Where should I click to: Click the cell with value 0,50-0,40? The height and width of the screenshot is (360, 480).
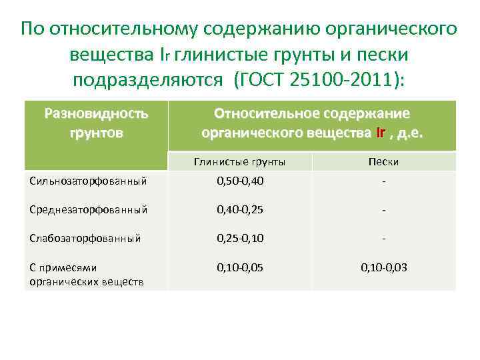pyautogui.click(x=240, y=181)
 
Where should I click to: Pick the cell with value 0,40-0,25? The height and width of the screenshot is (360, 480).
pyautogui.click(x=240, y=209)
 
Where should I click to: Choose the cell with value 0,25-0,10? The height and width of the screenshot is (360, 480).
pyautogui.click(x=240, y=238)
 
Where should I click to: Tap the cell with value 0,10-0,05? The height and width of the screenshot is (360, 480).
pyautogui.click(x=240, y=267)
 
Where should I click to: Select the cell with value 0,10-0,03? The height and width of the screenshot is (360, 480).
pyautogui.click(x=383, y=267)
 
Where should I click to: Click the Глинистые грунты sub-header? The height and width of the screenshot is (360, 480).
pyautogui.click(x=239, y=161)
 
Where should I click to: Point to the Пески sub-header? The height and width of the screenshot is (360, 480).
pyautogui.click(x=383, y=161)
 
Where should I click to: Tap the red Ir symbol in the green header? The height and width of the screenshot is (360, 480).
pyautogui.click(x=381, y=133)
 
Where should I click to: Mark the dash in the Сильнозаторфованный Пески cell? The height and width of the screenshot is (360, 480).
pyautogui.click(x=383, y=181)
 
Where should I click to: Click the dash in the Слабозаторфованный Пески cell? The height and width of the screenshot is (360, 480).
pyautogui.click(x=383, y=238)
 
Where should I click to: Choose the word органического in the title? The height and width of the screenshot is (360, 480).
pyautogui.click(x=393, y=29)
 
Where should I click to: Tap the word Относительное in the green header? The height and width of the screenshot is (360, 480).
pyautogui.click(x=263, y=113)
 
